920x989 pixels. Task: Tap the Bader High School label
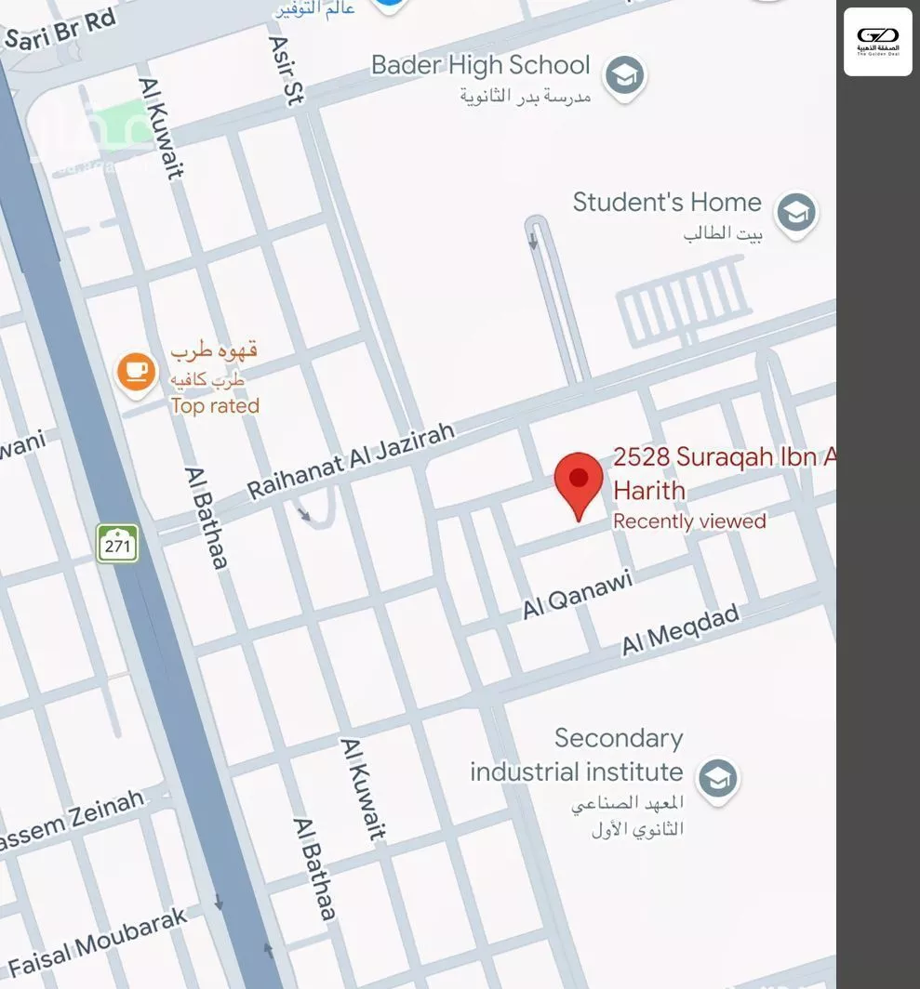(480, 65)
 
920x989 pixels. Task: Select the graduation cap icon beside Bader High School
(624, 76)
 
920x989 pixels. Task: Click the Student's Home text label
(666, 203)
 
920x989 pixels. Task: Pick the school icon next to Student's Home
(796, 213)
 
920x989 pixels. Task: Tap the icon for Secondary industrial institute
(717, 778)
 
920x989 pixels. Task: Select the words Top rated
(215, 406)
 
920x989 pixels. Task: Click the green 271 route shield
(117, 545)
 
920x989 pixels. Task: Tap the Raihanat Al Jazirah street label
(352, 460)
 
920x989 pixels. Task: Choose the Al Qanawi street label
(577, 595)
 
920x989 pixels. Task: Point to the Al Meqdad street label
(680, 629)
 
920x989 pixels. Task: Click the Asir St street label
(285, 71)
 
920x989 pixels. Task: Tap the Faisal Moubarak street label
(98, 942)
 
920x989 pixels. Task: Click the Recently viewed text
(689, 521)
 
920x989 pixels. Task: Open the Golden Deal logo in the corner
(877, 42)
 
